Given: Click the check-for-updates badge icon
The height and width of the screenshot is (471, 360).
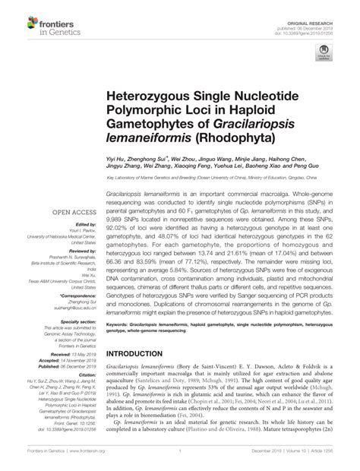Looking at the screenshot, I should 324,53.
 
